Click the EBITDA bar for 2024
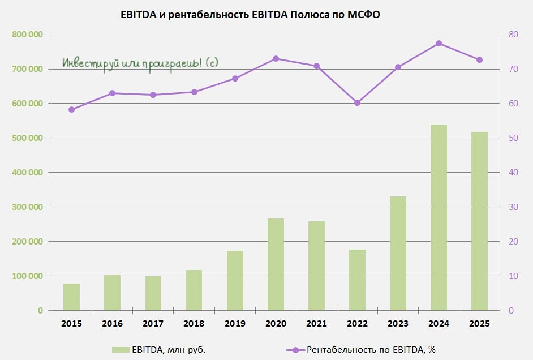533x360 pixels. click(439, 217)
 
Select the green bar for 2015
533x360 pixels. click(71, 297)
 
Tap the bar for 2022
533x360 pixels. click(357, 280)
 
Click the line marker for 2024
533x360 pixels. click(439, 44)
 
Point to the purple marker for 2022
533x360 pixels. click(357, 103)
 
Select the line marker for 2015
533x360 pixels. click(71, 110)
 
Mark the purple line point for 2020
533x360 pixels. click(276, 58)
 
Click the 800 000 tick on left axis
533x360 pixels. click(27, 35)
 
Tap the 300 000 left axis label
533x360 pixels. click(27, 207)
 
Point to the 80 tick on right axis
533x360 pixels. click(514, 35)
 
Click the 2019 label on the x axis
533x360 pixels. click(235, 324)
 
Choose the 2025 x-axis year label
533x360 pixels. click(479, 324)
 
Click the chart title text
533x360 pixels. click(250, 15)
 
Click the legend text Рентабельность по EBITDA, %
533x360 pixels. click(371, 350)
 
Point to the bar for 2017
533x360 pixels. click(153, 293)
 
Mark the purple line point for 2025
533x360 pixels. click(479, 60)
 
